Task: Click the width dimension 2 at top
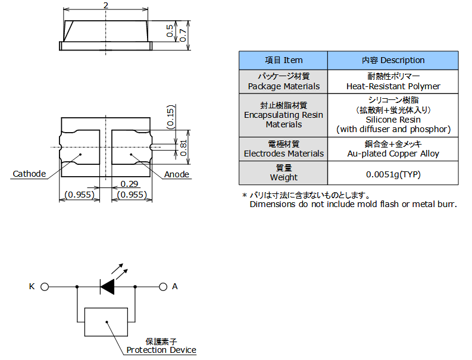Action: pyautogui.click(x=106, y=5)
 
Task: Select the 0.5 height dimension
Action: pyautogui.click(x=170, y=31)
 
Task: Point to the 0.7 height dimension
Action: pyautogui.click(x=183, y=35)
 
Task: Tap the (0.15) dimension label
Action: pyautogui.click(x=170, y=117)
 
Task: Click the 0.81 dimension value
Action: pyautogui.click(x=183, y=148)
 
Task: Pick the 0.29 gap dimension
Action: pyautogui.click(x=129, y=184)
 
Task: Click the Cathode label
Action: pyautogui.click(x=29, y=174)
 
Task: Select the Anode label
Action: pyautogui.click(x=176, y=174)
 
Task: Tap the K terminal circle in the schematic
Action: pyautogui.click(x=45, y=287)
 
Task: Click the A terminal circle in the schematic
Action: pyautogui.click(x=163, y=287)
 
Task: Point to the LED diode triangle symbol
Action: pyautogui.click(x=107, y=287)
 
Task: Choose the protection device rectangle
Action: pyautogui.click(x=106, y=322)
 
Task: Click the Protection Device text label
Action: pyautogui.click(x=161, y=350)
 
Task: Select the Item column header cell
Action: pyautogui.click(x=283, y=61)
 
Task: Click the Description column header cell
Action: pyautogui.click(x=393, y=61)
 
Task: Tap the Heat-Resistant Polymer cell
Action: pyautogui.click(x=393, y=82)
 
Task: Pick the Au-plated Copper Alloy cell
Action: pyautogui.click(x=393, y=149)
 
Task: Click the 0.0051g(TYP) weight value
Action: pyautogui.click(x=393, y=174)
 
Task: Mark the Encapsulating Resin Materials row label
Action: pyautogui.click(x=283, y=115)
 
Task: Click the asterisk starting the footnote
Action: pyautogui.click(x=245, y=195)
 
